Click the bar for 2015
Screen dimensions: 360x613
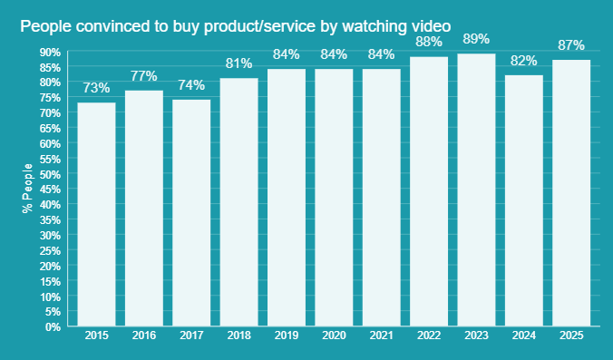point(96,214)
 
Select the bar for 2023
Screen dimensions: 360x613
point(476,190)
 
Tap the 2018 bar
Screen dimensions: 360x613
point(238,201)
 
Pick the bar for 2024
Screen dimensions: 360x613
point(523,200)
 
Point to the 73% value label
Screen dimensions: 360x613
point(96,88)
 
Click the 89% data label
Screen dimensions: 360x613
point(476,39)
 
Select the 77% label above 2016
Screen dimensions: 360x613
point(143,76)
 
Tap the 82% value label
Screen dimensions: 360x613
point(523,61)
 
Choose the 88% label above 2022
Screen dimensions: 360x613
point(429,42)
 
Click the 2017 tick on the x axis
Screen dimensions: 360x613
point(191,336)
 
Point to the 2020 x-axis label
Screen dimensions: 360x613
point(334,336)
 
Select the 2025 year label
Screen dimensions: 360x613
point(570,336)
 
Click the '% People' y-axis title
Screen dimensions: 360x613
point(27,189)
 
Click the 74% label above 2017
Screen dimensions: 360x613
point(191,85)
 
